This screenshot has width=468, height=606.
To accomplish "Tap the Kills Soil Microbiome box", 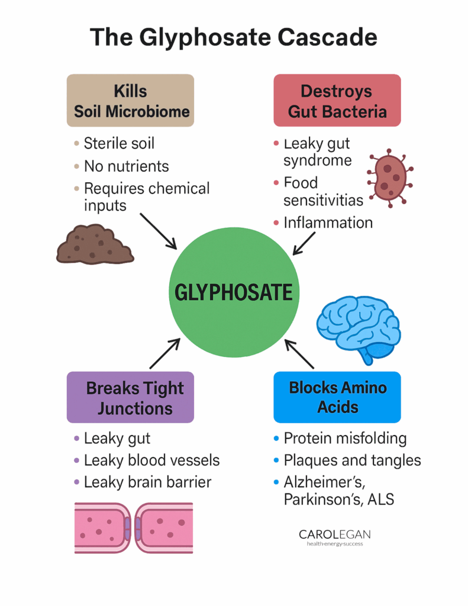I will pyautogui.click(x=130, y=100).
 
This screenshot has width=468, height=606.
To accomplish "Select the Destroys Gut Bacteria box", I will pyautogui.click(x=337, y=100).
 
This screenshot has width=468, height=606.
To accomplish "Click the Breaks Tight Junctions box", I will pyautogui.click(x=130, y=397).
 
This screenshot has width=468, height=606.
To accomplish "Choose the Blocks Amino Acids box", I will pyautogui.click(x=337, y=397).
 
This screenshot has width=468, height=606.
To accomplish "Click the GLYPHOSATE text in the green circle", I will pyautogui.click(x=233, y=292).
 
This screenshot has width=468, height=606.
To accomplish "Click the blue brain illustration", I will pyautogui.click(x=359, y=326).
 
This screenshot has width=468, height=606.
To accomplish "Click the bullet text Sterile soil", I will pyautogui.click(x=119, y=143).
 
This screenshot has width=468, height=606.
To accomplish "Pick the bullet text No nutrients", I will pyautogui.click(x=126, y=166).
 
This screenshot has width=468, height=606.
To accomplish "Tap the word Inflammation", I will pyautogui.click(x=328, y=223).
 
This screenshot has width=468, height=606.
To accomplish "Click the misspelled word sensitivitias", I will pyautogui.click(x=323, y=200).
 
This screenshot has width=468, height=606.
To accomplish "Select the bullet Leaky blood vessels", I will pyautogui.click(x=151, y=460).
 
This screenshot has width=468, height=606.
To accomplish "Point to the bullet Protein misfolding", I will pyautogui.click(x=345, y=439).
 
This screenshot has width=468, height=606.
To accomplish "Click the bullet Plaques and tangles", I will pyautogui.click(x=352, y=460).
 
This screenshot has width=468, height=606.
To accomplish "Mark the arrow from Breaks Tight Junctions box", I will pyautogui.click(x=166, y=353).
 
